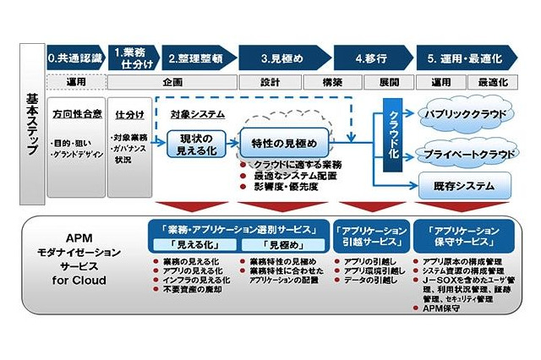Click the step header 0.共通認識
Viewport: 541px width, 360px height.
pos(75,58)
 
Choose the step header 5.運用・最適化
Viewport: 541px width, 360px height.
pos(463,58)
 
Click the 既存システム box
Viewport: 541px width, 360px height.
pos(465,184)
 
